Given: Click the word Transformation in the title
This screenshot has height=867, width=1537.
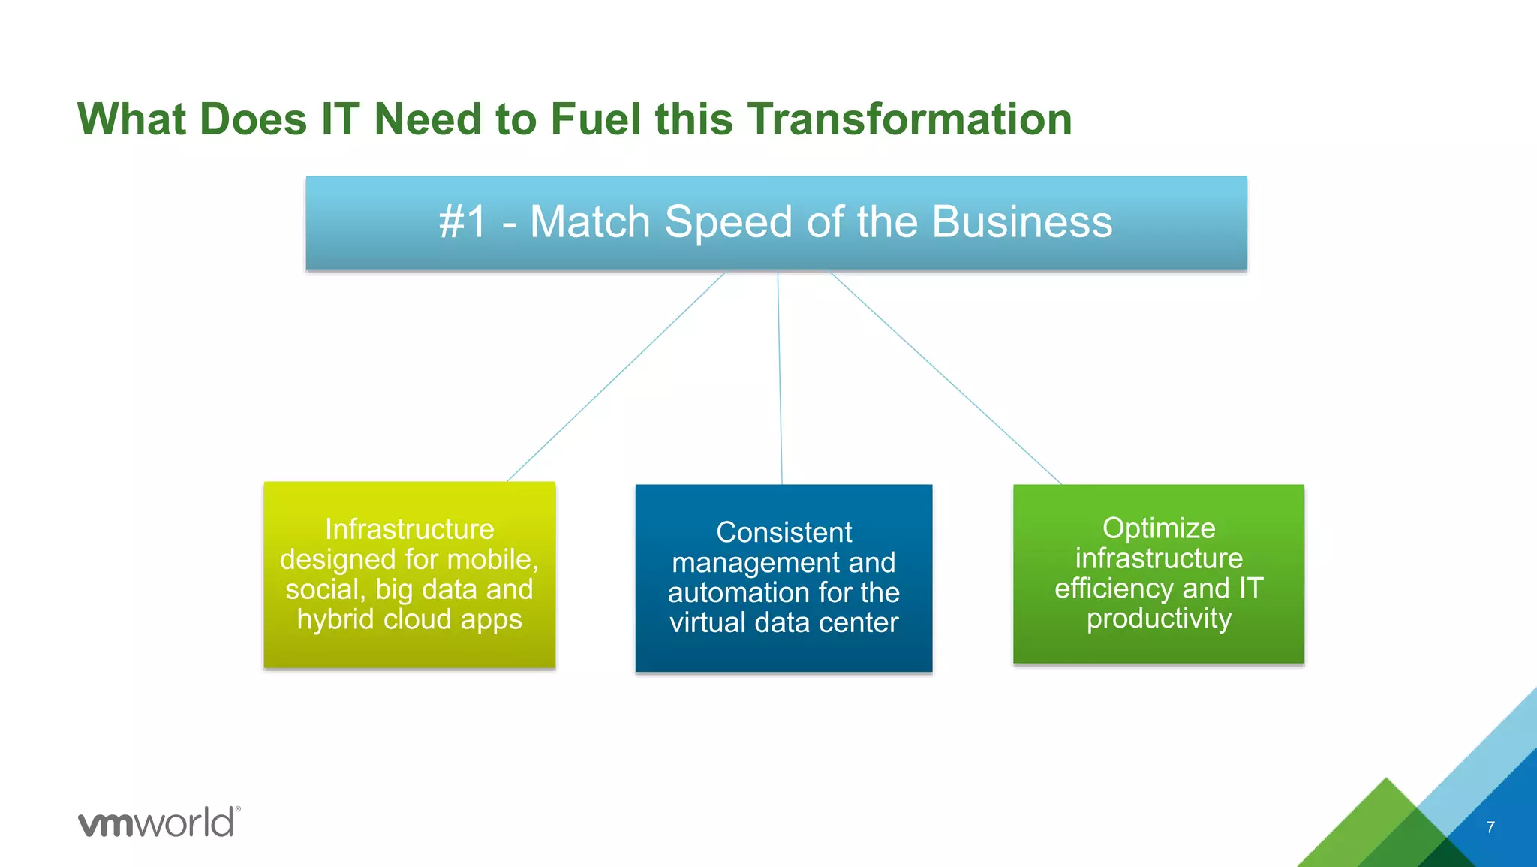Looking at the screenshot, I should click(x=909, y=119).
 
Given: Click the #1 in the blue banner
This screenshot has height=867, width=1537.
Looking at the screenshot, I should click(x=462, y=222).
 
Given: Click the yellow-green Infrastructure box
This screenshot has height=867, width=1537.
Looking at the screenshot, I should click(x=409, y=574).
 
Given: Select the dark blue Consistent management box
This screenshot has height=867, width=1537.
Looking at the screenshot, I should click(x=784, y=577).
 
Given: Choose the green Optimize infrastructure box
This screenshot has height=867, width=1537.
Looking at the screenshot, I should click(x=1158, y=573).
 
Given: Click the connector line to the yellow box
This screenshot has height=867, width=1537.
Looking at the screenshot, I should click(x=615, y=377).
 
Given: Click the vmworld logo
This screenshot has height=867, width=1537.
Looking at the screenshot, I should click(x=158, y=823).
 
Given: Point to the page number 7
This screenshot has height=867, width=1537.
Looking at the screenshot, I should click(x=1490, y=827).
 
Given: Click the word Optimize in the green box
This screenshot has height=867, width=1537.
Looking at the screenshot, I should click(x=1158, y=528).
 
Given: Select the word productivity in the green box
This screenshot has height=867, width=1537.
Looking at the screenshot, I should click(x=1159, y=619).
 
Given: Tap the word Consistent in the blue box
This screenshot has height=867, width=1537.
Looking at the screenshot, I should click(x=784, y=532).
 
